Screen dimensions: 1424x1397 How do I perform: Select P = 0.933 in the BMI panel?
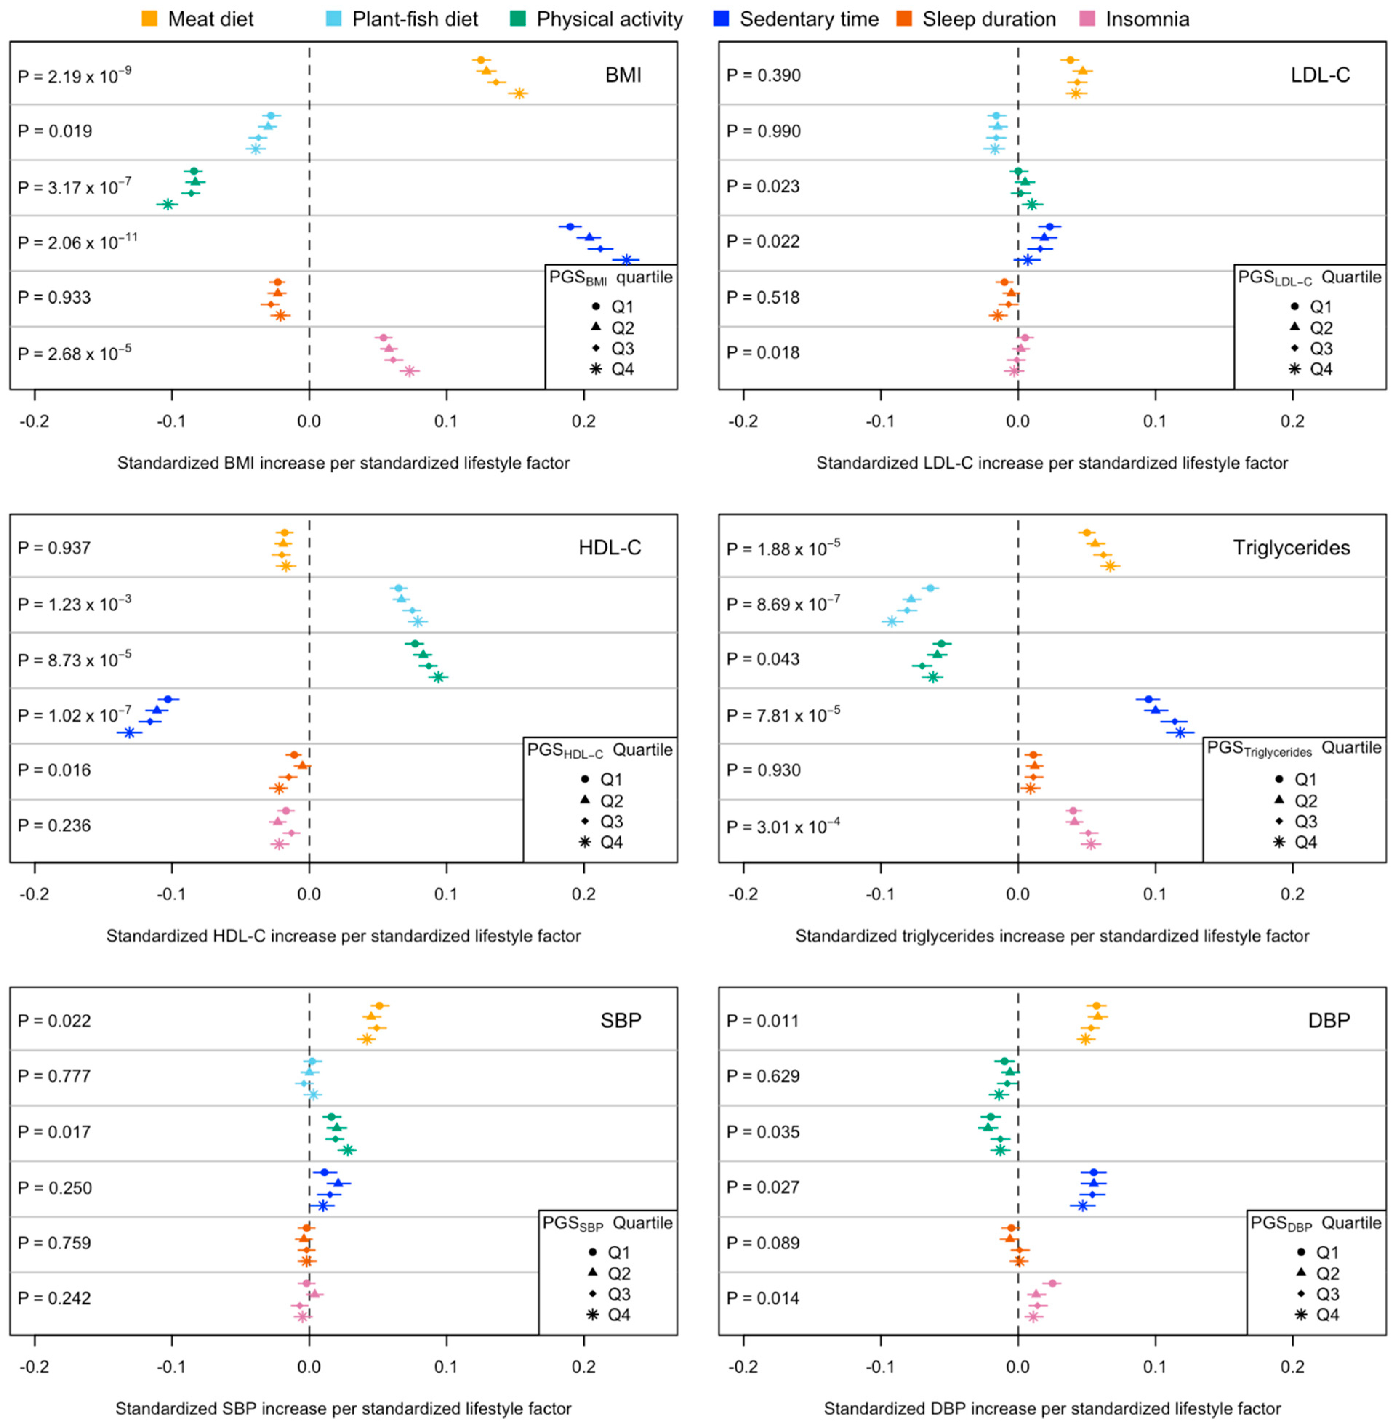54,298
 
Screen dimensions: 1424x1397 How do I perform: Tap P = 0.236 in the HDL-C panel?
54,826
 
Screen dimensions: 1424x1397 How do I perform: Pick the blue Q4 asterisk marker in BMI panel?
627,260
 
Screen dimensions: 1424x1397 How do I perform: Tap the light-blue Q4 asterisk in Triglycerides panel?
891,621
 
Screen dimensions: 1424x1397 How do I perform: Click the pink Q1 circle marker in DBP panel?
1052,1283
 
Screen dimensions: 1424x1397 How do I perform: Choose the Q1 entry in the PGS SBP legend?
609,1252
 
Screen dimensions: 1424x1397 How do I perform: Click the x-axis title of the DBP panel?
1052,1409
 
